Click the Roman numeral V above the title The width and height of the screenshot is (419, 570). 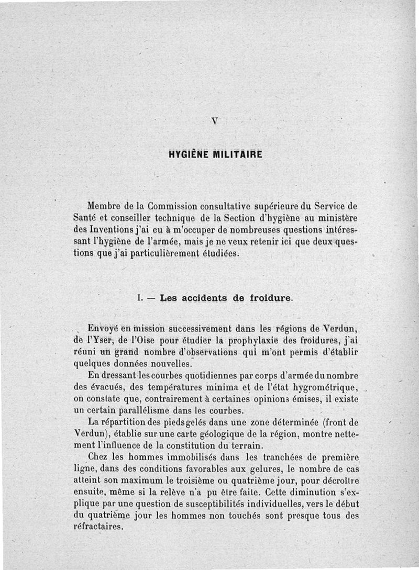[x=214, y=120]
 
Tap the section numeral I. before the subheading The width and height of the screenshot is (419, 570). [x=139, y=298]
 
